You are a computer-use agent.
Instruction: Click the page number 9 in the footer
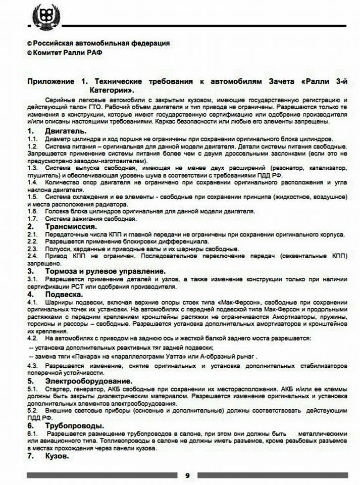pos(187,475)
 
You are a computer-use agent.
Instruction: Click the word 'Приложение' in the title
pos(50,81)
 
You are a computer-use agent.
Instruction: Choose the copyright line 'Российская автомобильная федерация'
pos(101,43)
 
